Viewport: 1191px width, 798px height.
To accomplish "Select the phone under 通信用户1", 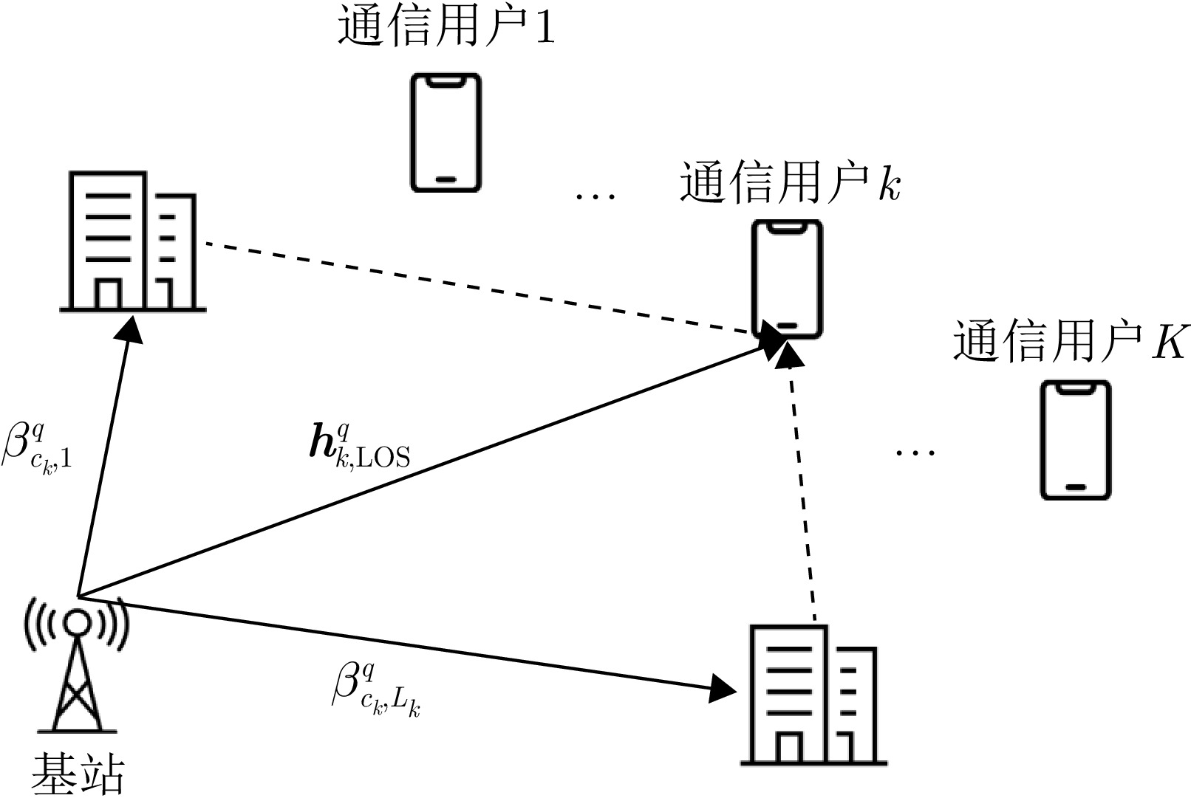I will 446,133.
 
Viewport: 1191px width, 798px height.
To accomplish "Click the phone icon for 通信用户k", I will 787,280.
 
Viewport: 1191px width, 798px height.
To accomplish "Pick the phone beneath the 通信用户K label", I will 1076,440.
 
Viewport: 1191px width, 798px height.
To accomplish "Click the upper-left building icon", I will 133,241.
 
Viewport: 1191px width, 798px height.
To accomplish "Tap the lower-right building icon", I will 813,695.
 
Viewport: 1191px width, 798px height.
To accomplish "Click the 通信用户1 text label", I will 446,29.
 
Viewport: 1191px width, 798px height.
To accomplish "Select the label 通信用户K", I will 1070,341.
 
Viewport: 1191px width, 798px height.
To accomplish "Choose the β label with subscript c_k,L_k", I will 375,690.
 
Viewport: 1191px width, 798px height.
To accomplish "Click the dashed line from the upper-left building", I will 473,288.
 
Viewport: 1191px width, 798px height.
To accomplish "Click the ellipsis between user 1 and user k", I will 595,196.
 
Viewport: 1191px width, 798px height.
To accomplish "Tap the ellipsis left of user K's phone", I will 915,451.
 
